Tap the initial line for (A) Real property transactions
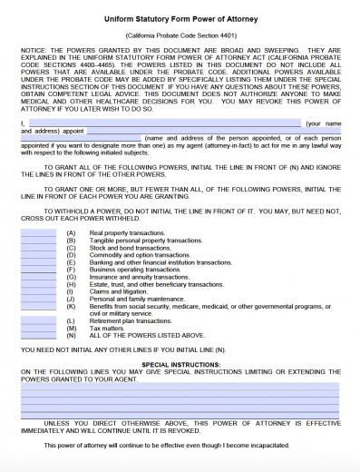click(x=38, y=233)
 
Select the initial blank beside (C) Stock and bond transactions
click(x=38, y=248)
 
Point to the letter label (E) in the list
click(x=72, y=262)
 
